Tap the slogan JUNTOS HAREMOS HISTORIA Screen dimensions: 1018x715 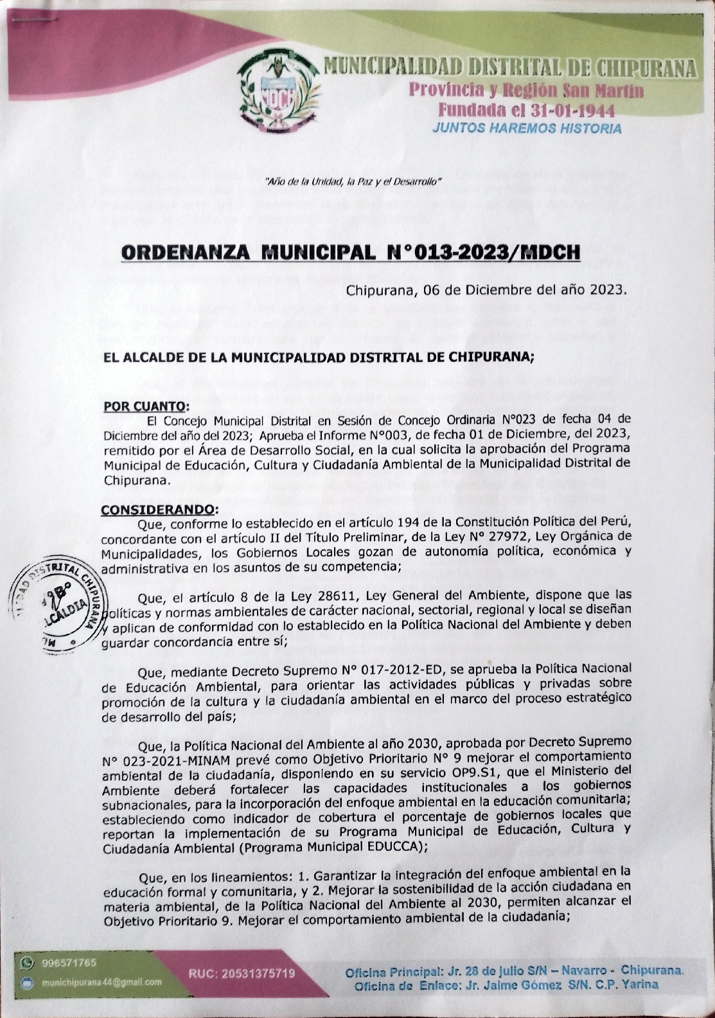(x=527, y=128)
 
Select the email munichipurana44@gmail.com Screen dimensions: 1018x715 (x=102, y=982)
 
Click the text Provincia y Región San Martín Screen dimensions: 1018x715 (x=527, y=91)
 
